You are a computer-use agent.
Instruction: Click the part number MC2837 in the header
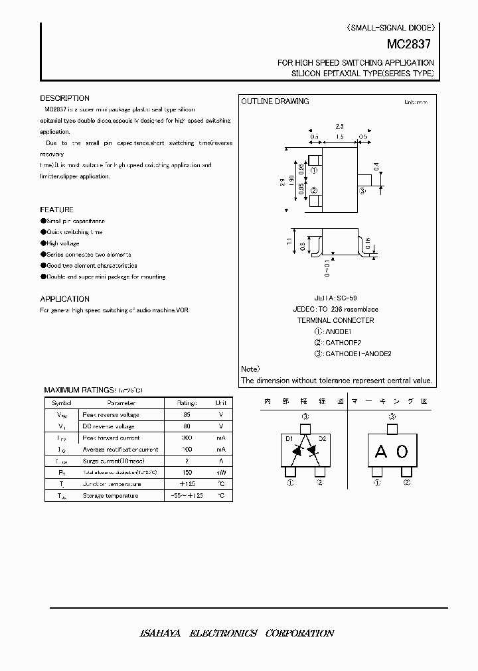(409, 46)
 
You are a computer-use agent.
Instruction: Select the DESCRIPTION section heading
(64, 98)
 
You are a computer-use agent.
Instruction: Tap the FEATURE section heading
(56, 210)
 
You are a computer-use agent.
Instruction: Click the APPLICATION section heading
(64, 299)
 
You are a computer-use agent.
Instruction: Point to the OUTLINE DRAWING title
(275, 101)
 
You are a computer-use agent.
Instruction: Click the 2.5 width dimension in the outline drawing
(339, 126)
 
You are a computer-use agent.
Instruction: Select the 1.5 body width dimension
(339, 137)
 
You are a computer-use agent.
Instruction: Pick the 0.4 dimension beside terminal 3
(376, 166)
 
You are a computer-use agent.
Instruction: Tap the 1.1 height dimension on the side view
(289, 242)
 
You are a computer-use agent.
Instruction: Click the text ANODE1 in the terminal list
(339, 332)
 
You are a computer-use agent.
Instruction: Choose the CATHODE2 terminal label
(343, 343)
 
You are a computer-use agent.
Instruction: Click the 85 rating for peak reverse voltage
(187, 414)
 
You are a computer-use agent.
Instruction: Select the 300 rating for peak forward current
(187, 438)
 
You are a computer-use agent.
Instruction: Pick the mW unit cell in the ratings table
(220, 473)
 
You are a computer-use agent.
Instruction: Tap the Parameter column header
(121, 402)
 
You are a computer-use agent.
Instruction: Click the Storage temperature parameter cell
(110, 496)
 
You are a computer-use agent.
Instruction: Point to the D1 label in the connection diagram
(289, 438)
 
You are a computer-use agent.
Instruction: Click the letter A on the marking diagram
(380, 452)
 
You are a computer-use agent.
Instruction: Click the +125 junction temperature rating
(187, 484)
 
